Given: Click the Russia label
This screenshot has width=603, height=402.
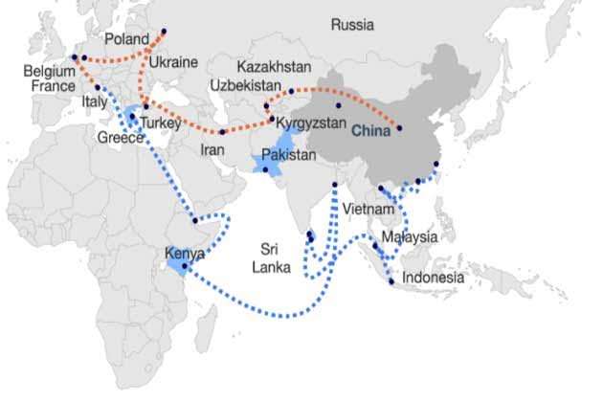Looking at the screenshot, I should point(352,25).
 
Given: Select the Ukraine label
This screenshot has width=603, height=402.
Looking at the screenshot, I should point(173,62).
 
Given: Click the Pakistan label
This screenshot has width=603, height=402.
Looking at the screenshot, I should point(288,153).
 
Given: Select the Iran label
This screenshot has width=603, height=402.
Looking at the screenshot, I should point(212,150).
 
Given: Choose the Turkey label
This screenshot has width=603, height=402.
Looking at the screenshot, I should point(155,123).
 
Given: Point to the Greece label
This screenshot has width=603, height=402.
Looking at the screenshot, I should point(120,138).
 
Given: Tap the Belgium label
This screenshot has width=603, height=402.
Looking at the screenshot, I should point(49,71).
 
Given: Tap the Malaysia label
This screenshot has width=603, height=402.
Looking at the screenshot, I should point(409,236).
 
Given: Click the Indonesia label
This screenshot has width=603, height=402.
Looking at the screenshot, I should point(434,278).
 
